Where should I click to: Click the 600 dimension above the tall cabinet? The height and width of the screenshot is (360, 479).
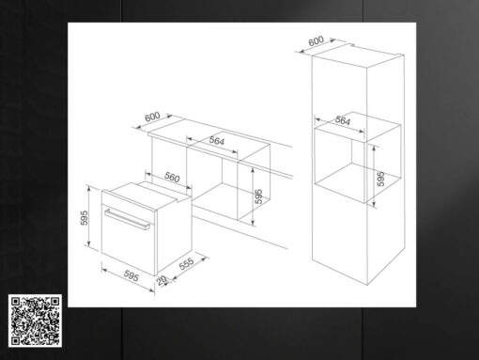click(x=316, y=41)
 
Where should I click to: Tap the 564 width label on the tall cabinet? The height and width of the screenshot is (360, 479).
click(x=343, y=120)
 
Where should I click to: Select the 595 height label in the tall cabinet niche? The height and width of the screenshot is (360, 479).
click(x=380, y=179)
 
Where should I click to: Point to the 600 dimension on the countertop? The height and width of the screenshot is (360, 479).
click(x=152, y=117)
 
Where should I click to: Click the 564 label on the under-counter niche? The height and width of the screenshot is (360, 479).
click(x=217, y=141)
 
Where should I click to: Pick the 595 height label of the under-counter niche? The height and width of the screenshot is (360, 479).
click(x=258, y=196)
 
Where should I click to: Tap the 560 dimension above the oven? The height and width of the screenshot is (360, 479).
click(x=172, y=178)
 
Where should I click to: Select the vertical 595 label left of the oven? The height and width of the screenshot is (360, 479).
click(x=84, y=218)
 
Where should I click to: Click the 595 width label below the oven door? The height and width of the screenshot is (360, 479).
click(x=131, y=275)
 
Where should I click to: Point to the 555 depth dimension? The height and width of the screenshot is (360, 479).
click(x=187, y=264)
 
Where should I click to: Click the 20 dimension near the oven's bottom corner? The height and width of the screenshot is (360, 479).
click(x=162, y=281)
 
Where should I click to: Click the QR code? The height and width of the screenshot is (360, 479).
click(x=35, y=321)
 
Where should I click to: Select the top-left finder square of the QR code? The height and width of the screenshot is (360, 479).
click(x=15, y=302)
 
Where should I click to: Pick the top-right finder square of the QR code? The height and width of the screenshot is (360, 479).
click(x=54, y=302)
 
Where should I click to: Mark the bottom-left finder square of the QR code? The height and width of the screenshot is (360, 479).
click(x=15, y=340)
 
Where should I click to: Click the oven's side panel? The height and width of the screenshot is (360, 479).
click(x=174, y=234)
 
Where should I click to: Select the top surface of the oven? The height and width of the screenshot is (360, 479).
click(x=147, y=195)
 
